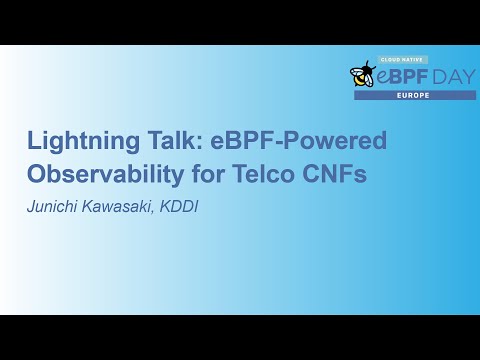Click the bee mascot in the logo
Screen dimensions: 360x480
pos(362,74)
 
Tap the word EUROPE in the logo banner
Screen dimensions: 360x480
pos(415,95)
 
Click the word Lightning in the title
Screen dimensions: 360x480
pos(77,142)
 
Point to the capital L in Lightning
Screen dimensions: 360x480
pos(34,142)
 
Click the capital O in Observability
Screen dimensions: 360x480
pos(38,175)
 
